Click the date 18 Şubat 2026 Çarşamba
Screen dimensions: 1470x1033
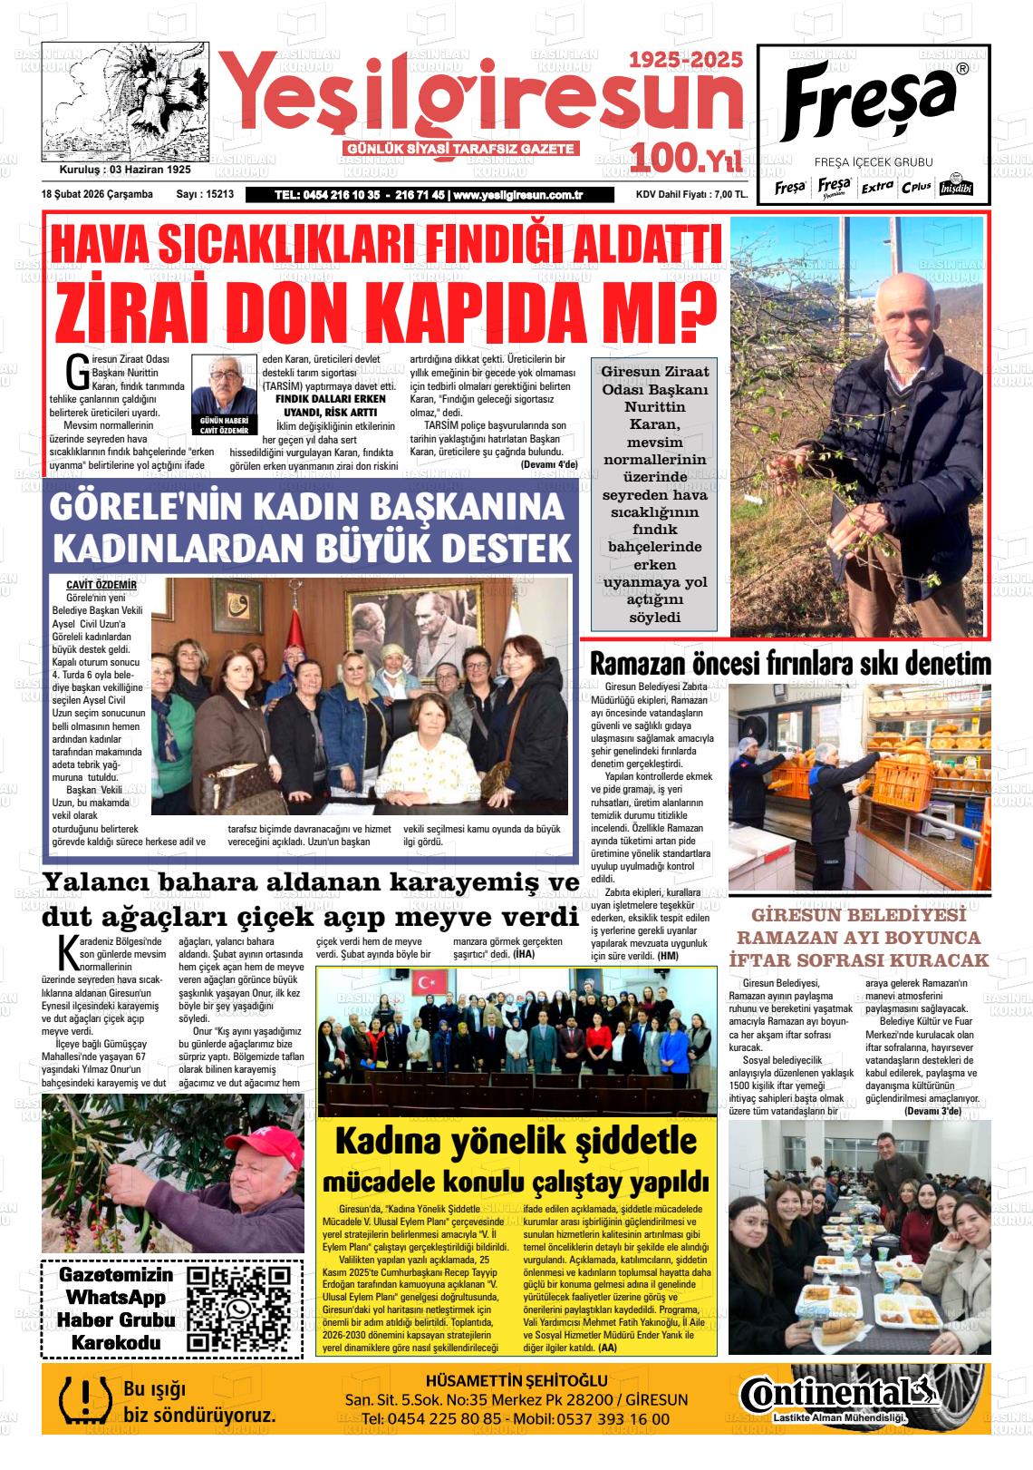click(97, 194)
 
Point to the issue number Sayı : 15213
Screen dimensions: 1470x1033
click(205, 194)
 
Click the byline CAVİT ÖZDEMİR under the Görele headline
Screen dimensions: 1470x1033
click(101, 585)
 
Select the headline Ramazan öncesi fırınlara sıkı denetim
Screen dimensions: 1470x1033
click(789, 664)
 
